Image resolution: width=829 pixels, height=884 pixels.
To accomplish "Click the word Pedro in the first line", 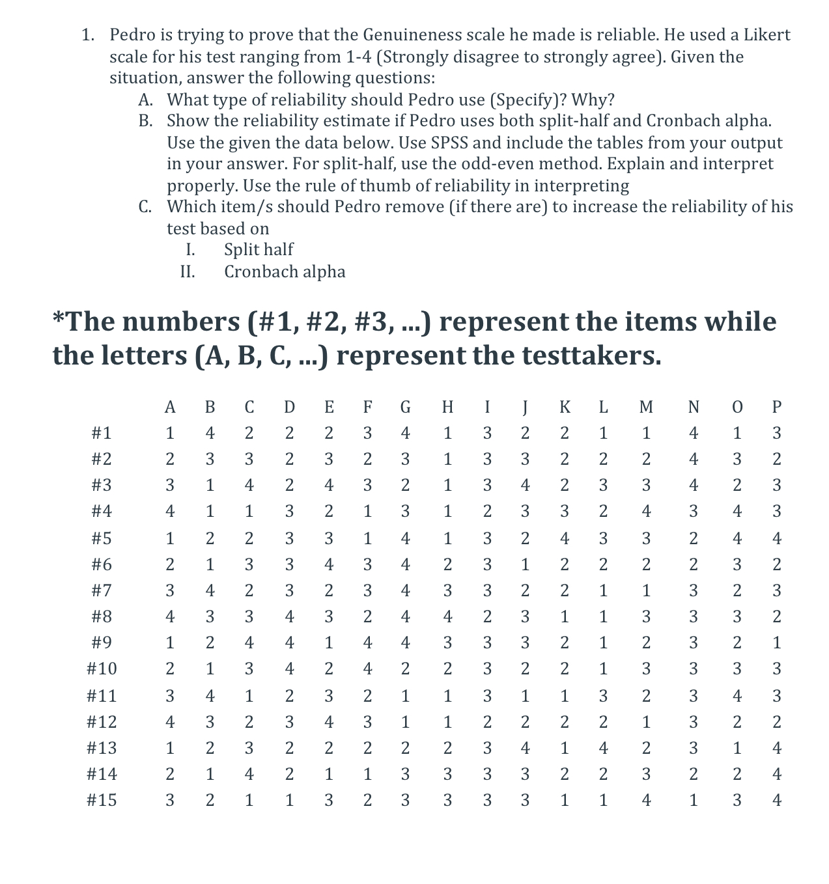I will pyautogui.click(x=132, y=35).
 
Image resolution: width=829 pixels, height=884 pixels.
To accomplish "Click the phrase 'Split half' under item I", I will pyautogui.click(x=258, y=249).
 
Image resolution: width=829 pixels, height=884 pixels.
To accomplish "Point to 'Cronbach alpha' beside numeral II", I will pyautogui.click(x=285, y=271).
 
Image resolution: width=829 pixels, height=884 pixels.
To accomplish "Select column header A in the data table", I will pyautogui.click(x=170, y=407).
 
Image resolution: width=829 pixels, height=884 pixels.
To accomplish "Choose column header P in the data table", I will pyautogui.click(x=776, y=407).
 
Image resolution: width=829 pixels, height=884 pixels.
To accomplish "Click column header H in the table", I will pyautogui.click(x=447, y=407).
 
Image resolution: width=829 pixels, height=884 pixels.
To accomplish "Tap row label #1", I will pyautogui.click(x=102, y=433).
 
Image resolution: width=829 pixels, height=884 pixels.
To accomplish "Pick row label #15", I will pyautogui.click(x=102, y=800).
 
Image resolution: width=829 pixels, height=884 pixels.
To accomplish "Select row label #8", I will pyautogui.click(x=102, y=616).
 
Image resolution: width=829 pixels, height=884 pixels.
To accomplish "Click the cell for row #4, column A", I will pyautogui.click(x=170, y=512).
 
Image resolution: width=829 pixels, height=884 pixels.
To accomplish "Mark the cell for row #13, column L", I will pyautogui.click(x=604, y=748).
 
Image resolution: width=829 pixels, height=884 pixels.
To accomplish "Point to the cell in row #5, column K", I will pyautogui.click(x=565, y=538).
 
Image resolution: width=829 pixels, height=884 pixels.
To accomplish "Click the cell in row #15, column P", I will pyautogui.click(x=776, y=800).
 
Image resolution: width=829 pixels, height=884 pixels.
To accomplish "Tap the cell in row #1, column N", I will pyautogui.click(x=694, y=433).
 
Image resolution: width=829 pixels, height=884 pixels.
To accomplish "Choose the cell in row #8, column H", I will pyautogui.click(x=447, y=616).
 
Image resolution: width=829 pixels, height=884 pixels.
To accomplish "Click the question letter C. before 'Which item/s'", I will pyautogui.click(x=146, y=207).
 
